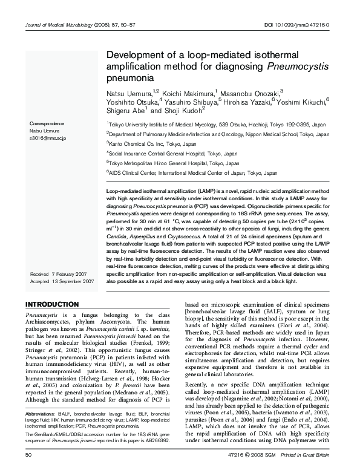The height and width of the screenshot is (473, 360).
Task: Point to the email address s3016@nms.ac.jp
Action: (x=48, y=139)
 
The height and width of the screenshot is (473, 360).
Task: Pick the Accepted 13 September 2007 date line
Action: (x=62, y=281)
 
